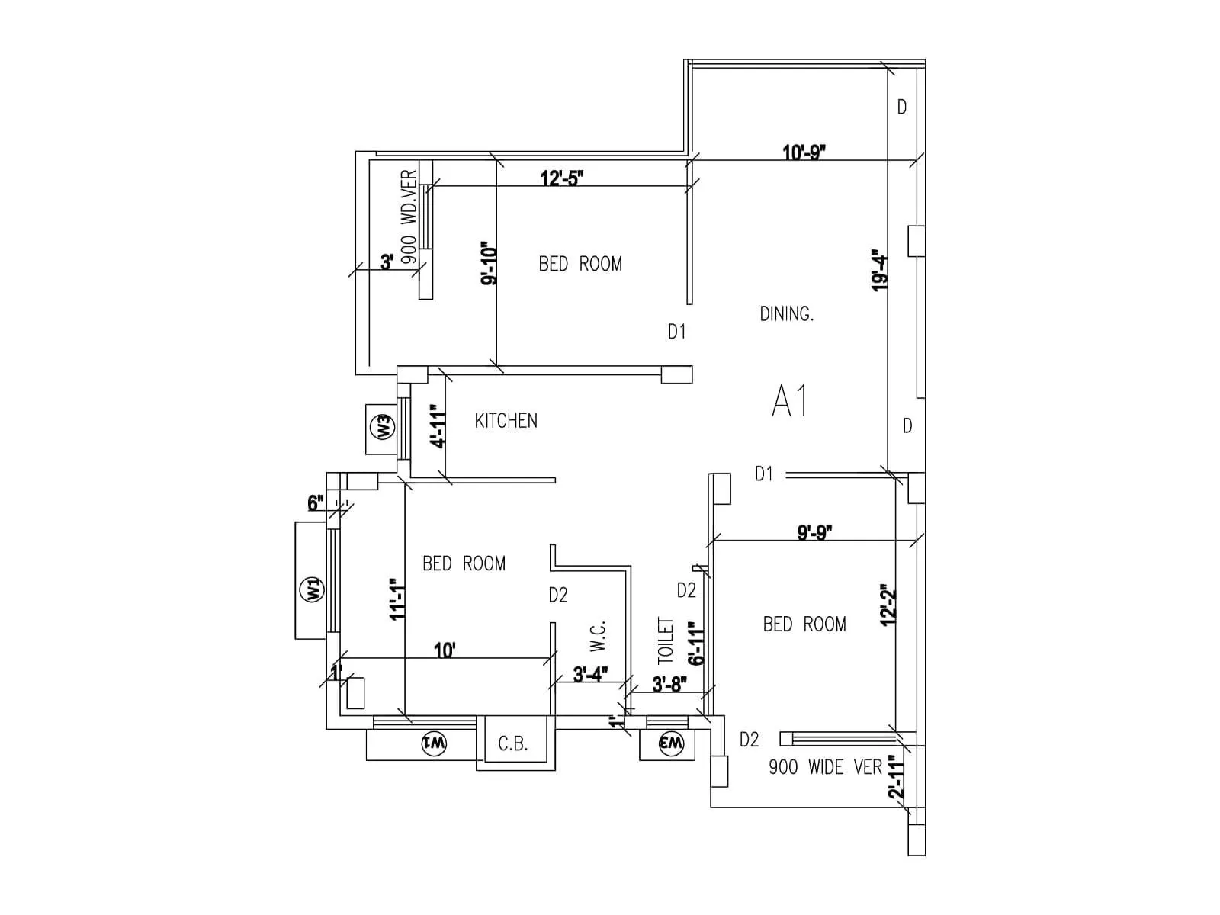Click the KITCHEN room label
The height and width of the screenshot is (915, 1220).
[506, 421]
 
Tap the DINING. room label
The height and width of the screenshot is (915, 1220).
[786, 313]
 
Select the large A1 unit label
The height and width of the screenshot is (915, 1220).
[790, 401]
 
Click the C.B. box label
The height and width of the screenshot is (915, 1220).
[512, 743]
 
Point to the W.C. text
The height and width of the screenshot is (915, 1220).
[598, 636]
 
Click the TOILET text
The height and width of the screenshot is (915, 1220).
[666, 640]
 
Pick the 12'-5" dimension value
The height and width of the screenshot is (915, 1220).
[562, 178]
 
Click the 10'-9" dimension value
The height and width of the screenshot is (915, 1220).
[804, 152]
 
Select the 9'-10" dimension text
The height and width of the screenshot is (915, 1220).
[488, 265]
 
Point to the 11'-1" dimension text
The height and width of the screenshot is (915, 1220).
[396, 599]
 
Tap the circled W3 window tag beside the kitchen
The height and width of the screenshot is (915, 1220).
[384, 426]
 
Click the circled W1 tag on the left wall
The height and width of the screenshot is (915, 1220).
[313, 589]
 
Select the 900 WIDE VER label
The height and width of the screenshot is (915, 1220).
[825, 767]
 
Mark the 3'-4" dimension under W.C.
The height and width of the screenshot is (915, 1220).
[589, 675]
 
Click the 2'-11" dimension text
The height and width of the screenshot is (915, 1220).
[897, 776]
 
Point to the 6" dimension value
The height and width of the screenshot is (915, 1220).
[316, 503]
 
